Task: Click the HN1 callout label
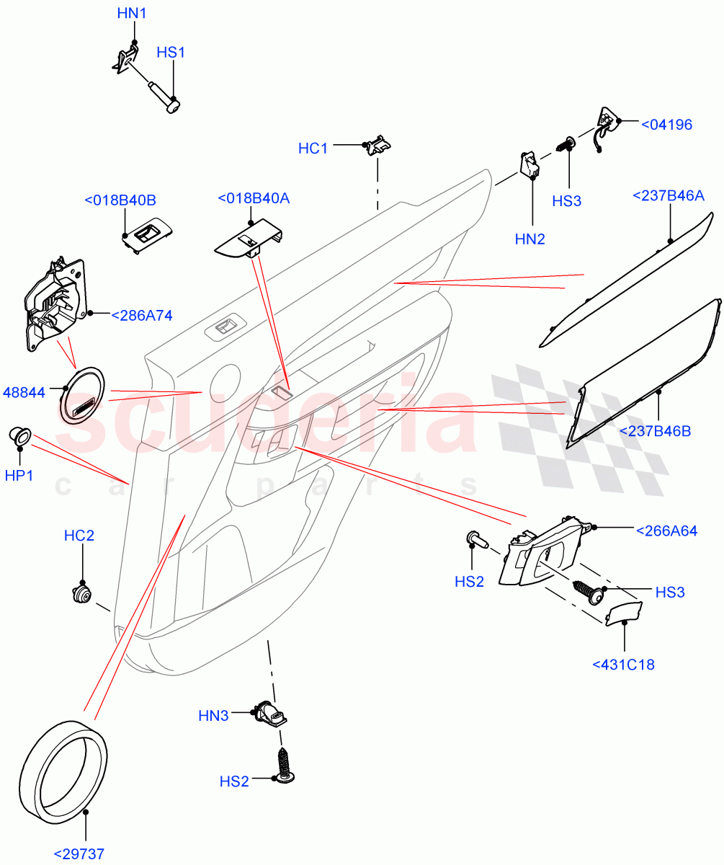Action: click(x=132, y=13)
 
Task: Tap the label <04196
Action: click(x=666, y=125)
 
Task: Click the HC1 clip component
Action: click(x=379, y=145)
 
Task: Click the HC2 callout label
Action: click(x=79, y=536)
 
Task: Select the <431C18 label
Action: click(x=623, y=665)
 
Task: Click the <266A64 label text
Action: click(x=666, y=531)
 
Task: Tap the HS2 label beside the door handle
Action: click(x=469, y=581)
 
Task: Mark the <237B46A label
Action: click(x=669, y=195)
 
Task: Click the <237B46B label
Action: click(x=655, y=431)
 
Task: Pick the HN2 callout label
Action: click(x=529, y=239)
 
